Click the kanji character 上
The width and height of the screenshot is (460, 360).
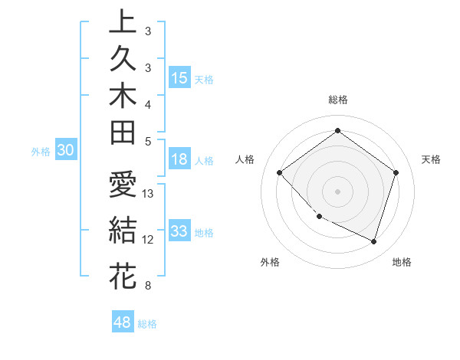[x=123, y=23]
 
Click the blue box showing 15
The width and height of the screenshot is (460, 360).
[x=179, y=77]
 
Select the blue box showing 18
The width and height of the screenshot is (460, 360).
[x=179, y=159]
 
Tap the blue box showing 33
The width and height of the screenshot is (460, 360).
[x=179, y=231]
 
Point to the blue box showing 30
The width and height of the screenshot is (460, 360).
[x=66, y=151]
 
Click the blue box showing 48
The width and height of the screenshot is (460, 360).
[x=123, y=322]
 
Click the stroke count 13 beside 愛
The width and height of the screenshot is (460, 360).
[x=149, y=194]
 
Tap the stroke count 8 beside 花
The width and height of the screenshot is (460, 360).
[x=146, y=286]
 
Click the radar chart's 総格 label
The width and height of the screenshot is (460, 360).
[x=337, y=100]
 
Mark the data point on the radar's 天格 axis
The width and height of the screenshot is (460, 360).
[x=396, y=172]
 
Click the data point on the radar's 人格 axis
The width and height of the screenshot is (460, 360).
[x=280, y=172]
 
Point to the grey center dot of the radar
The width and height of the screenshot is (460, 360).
[x=337, y=191]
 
